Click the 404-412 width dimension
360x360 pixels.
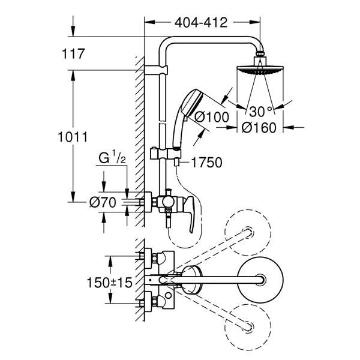pos(201,23)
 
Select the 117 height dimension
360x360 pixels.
pos(73,54)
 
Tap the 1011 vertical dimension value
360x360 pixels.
pos(73,137)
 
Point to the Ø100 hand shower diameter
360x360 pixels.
pos(212,117)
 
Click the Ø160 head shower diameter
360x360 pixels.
pos(259,128)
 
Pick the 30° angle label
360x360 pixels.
pos(260,112)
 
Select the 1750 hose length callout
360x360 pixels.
pos(206,163)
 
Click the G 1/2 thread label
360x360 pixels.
pos(112,158)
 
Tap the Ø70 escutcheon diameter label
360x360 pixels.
pos(103,203)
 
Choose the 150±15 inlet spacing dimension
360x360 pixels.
pos(110,283)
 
